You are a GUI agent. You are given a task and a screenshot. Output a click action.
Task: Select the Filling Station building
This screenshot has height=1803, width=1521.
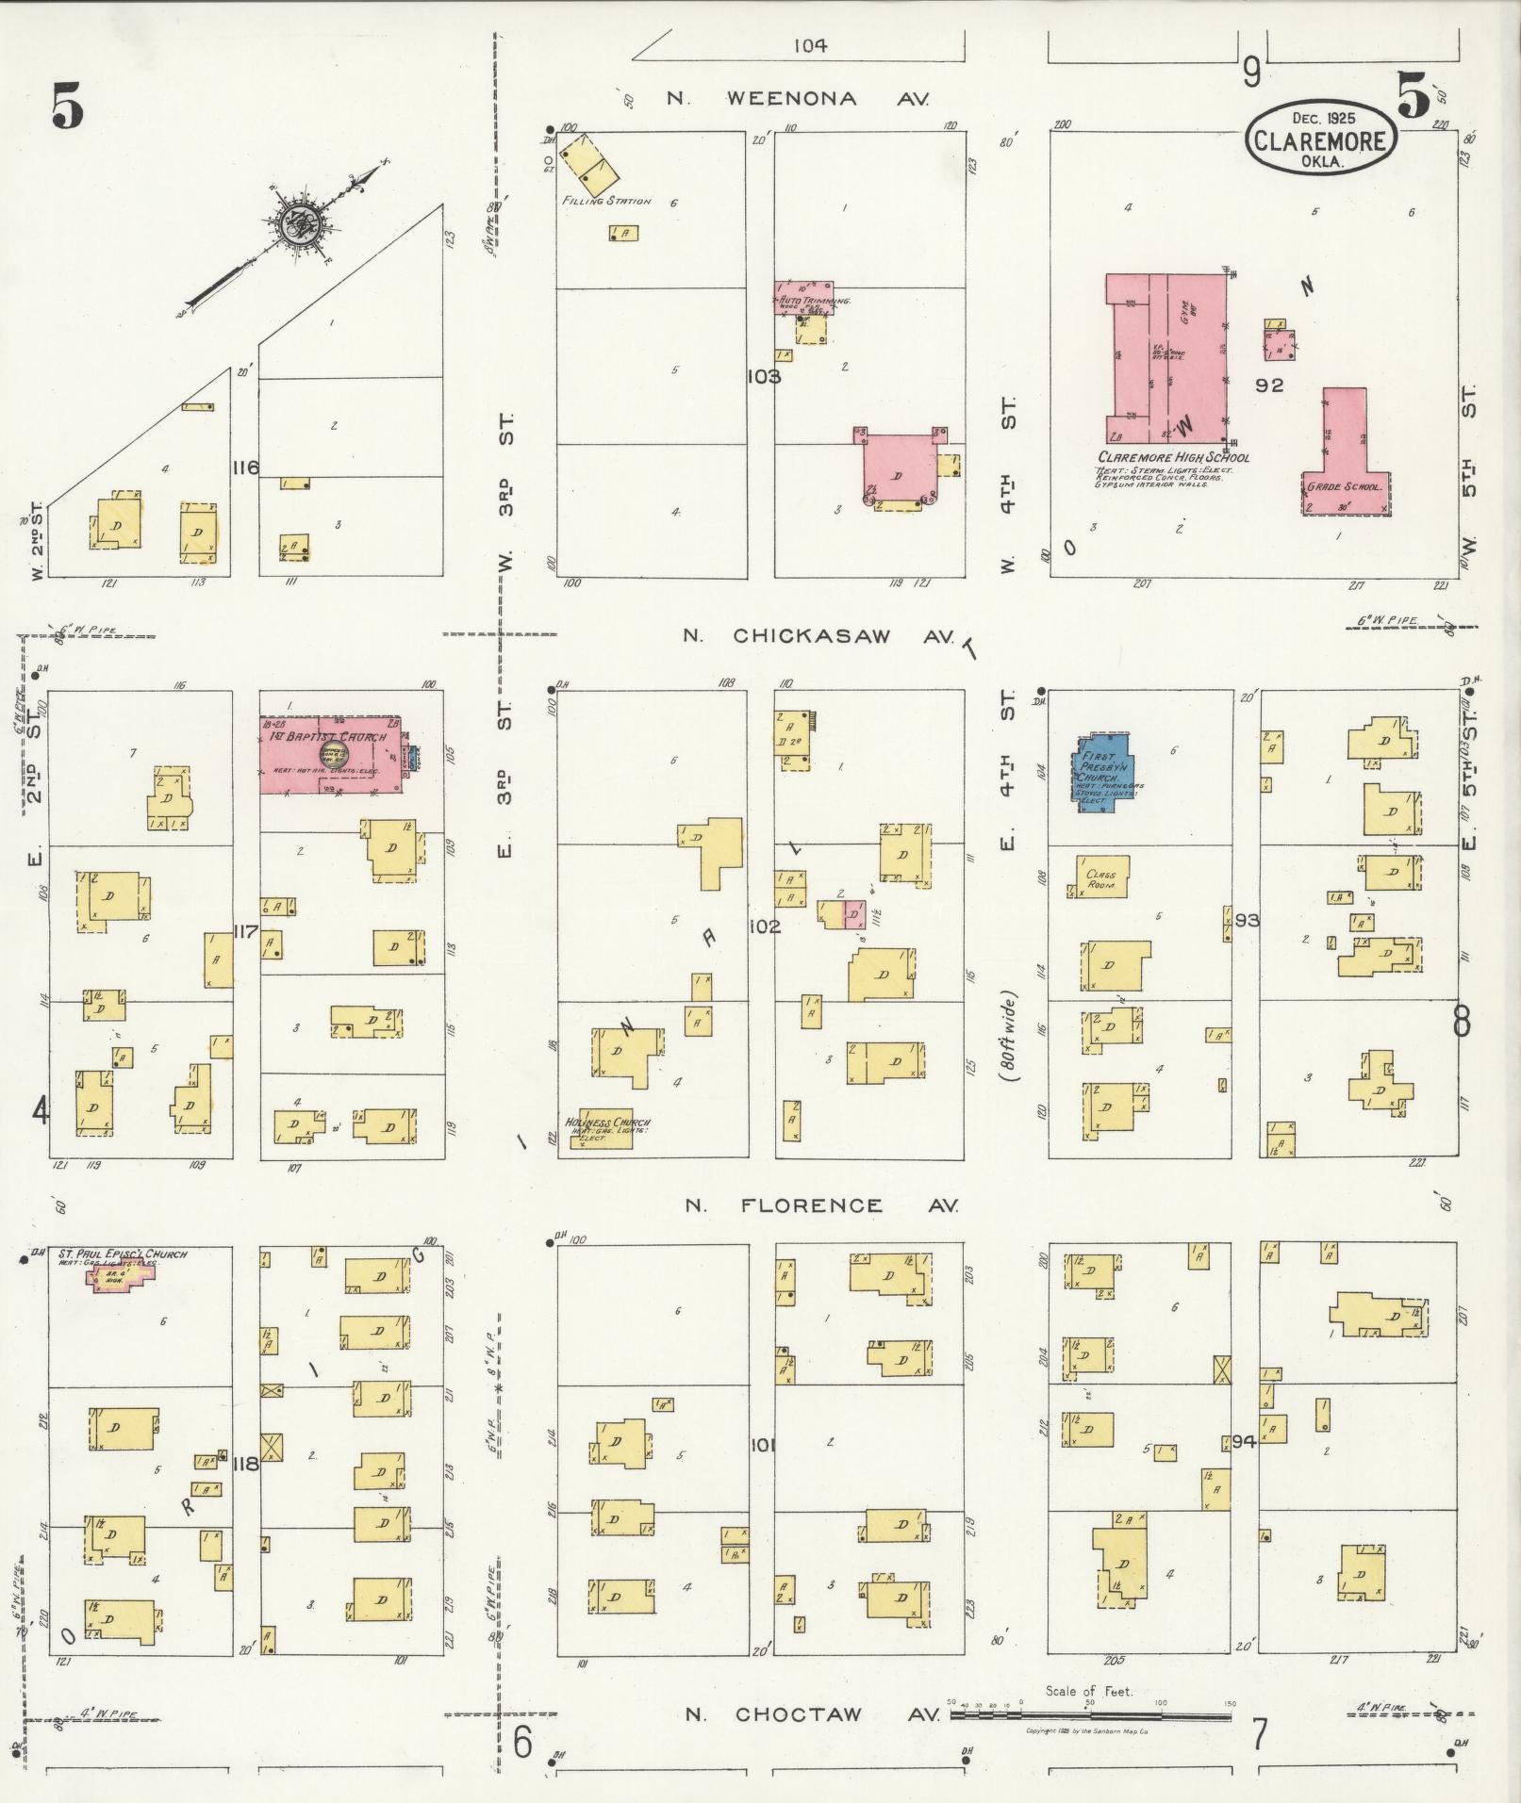(x=589, y=167)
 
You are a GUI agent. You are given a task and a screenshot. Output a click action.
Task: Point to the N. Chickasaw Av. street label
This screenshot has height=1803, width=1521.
(x=811, y=636)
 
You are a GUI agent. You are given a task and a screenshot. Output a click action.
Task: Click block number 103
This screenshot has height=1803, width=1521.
(x=762, y=377)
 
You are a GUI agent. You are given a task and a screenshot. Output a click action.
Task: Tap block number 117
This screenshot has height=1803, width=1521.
(x=246, y=932)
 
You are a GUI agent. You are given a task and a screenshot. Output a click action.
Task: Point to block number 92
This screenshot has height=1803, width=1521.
(x=1269, y=385)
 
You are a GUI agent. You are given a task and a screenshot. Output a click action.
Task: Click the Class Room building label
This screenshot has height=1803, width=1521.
(x=1100, y=878)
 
